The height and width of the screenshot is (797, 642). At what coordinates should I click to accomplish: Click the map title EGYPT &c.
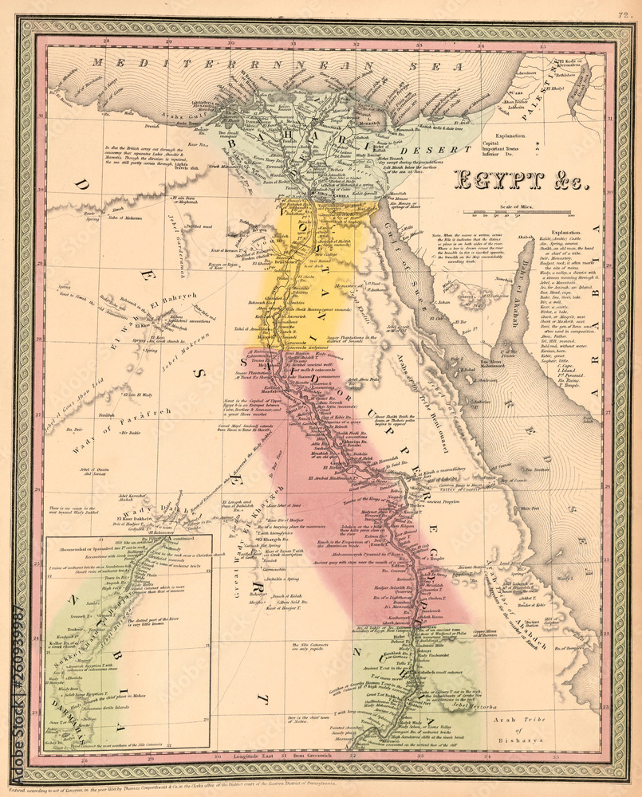521,179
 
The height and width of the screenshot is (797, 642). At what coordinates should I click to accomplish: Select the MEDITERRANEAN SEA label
263,65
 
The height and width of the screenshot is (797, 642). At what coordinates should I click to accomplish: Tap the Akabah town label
524,238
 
